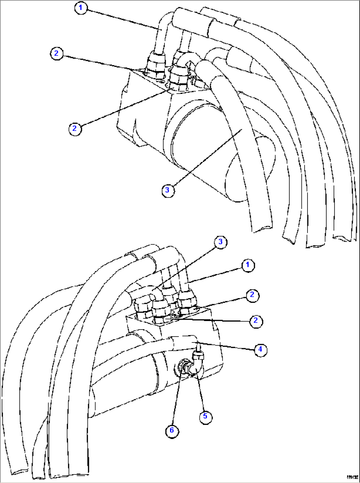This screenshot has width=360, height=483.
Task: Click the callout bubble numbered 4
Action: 260,349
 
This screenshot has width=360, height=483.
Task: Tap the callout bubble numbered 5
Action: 205,416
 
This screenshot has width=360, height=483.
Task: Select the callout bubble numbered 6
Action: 172,430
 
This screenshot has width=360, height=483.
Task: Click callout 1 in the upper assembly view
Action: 81,8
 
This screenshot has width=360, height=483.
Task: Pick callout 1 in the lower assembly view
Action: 248,265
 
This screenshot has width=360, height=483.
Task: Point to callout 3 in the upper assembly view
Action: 167,190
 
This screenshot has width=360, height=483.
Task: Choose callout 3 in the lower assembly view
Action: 221,242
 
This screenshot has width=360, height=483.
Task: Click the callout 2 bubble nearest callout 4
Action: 256,320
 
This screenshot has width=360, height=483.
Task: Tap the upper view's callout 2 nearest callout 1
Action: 56,53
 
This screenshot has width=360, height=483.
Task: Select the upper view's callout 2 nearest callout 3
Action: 75,128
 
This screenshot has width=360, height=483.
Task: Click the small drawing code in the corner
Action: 352,477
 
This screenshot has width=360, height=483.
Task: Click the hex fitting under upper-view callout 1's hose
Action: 155,63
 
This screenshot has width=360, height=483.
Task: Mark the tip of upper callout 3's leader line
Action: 242,130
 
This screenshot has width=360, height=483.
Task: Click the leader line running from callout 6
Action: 176,400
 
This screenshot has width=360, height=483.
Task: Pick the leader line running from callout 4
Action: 228,346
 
